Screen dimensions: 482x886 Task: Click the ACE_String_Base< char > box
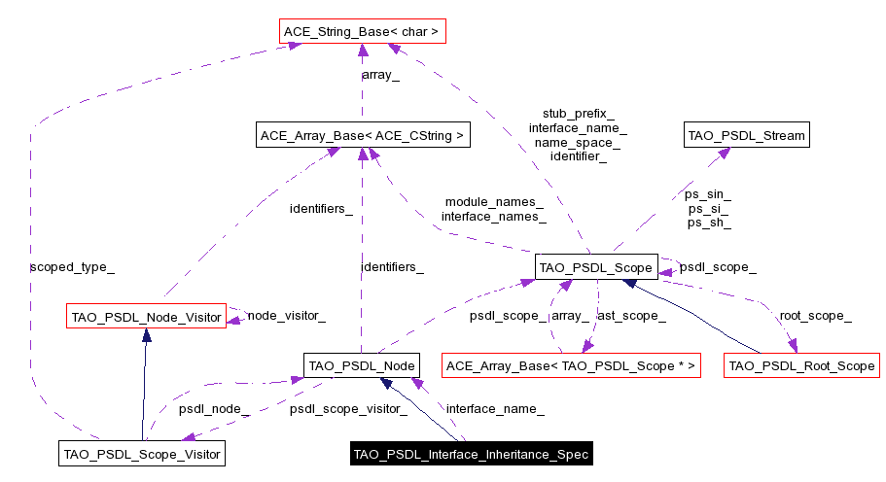(361, 32)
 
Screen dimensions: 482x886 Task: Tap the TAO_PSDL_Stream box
(746, 136)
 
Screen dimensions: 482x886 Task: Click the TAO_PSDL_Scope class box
(596, 266)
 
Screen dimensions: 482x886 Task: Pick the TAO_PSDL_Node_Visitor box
(145, 315)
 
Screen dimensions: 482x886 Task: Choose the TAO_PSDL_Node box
(362, 365)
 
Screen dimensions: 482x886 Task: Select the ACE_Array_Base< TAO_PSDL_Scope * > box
(571, 365)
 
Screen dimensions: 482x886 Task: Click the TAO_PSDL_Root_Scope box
(801, 365)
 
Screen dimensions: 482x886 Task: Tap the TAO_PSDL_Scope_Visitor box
(142, 453)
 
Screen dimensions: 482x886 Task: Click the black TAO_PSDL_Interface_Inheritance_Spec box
(470, 454)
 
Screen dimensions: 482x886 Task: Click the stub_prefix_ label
(578, 114)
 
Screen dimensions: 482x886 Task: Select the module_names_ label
(494, 202)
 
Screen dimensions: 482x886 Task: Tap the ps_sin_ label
(709, 194)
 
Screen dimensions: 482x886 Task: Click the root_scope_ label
(815, 316)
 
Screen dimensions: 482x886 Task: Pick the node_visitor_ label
(286, 315)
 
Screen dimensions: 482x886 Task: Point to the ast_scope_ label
(631, 316)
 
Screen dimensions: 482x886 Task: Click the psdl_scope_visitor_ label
(348, 409)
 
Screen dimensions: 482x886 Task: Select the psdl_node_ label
(214, 409)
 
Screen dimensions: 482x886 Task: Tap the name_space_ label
(578, 142)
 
